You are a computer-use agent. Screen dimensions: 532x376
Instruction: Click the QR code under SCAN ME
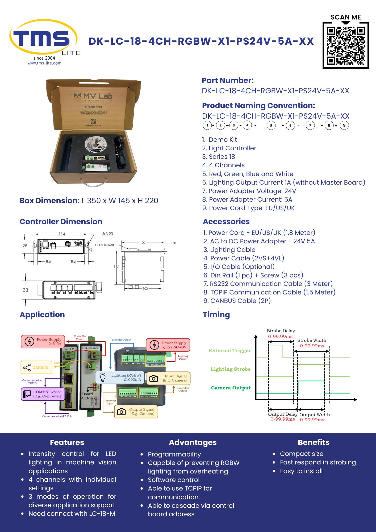[345, 45]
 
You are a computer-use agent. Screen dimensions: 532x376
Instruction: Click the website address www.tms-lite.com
[44, 63]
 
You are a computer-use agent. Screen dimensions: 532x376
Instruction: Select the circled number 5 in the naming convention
[271, 125]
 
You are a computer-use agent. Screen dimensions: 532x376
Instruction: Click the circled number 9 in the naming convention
[344, 125]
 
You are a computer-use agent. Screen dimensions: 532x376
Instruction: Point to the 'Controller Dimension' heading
[61, 222]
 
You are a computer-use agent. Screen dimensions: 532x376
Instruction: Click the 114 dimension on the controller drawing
[62, 234]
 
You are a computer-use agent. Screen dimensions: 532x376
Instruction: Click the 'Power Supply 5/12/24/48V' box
[168, 345]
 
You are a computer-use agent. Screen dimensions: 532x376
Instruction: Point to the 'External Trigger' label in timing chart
[229, 351]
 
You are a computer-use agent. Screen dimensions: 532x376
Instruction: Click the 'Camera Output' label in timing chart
[231, 388]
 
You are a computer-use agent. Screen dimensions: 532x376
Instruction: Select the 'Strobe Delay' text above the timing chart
[281, 331]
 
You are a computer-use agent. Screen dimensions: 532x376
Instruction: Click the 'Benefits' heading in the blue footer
[314, 442]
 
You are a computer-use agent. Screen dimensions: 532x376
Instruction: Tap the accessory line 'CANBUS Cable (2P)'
[240, 301]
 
